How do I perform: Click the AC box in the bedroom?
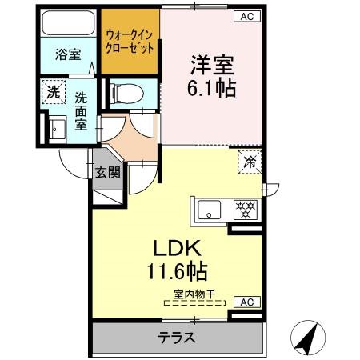point(248,16)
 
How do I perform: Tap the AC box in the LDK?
point(248,302)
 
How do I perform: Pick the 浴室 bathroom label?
point(66,55)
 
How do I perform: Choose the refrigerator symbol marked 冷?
point(250,162)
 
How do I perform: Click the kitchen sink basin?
point(210,211)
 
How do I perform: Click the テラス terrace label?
point(177,338)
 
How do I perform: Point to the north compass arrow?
point(311,336)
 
